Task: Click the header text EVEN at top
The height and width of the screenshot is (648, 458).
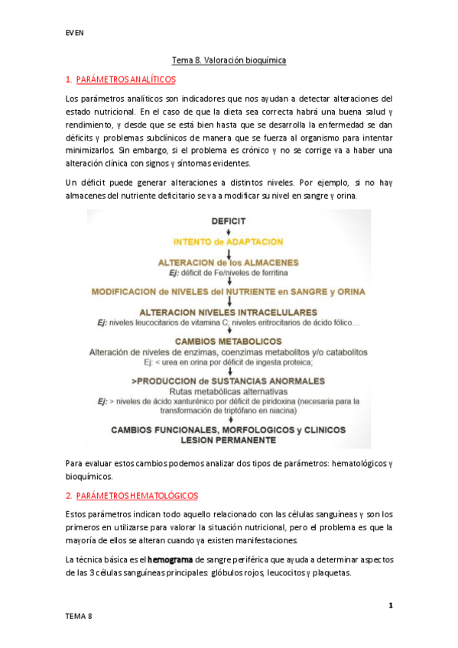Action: click(74, 33)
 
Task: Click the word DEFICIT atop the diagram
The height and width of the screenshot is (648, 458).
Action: click(229, 221)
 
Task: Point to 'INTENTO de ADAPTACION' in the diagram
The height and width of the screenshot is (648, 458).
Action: click(229, 242)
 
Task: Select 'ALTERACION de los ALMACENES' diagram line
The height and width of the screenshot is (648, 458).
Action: click(229, 262)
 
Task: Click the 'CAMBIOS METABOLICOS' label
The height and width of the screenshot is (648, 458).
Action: click(229, 342)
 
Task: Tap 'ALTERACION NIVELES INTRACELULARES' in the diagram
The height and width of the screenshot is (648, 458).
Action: click(229, 312)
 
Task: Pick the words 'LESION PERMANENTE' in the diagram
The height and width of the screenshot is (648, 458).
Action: click(229, 440)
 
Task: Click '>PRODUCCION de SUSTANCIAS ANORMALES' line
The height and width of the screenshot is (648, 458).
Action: click(229, 381)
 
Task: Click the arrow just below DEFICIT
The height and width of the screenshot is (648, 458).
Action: click(229, 232)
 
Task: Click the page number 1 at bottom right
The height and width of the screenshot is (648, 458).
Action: click(390, 606)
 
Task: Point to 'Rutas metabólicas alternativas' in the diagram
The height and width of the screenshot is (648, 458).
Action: click(229, 391)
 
